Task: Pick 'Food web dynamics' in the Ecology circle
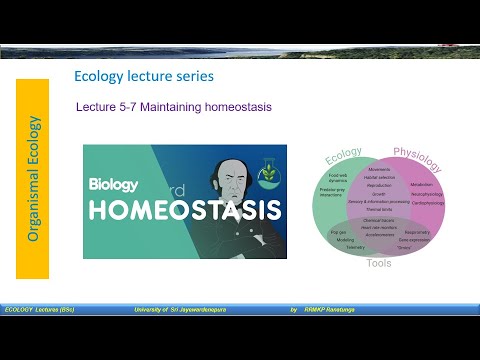coord(338,178)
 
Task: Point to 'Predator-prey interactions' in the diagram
coord(333,192)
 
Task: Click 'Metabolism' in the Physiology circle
coord(421,184)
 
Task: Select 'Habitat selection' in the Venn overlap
coord(379,178)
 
